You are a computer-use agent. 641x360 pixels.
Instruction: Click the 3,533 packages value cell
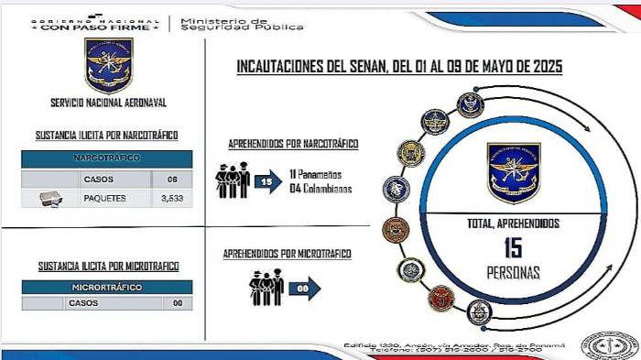[x=172, y=197]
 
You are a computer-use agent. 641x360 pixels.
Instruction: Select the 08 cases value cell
[x=172, y=179]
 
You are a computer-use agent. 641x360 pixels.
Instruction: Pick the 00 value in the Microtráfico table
[x=178, y=302]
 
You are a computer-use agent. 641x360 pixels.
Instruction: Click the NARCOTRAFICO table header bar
[x=107, y=158]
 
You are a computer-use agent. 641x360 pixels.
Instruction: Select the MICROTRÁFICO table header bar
[x=107, y=287]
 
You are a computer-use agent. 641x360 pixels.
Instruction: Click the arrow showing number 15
[x=268, y=181]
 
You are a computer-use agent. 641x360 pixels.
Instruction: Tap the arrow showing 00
[x=304, y=289]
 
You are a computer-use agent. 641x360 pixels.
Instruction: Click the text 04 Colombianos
[x=321, y=189]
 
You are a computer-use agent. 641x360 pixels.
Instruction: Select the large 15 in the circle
[x=512, y=247]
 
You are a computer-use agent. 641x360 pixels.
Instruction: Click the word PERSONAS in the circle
[x=513, y=272]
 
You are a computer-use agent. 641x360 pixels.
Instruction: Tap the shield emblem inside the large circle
[x=513, y=171]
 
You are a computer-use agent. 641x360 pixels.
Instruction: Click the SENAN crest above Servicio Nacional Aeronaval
[x=108, y=65]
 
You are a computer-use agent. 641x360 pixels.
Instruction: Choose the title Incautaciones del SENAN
[x=399, y=67]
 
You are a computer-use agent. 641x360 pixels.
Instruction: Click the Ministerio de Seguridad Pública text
[x=242, y=23]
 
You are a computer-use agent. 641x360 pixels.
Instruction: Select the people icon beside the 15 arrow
[x=233, y=179]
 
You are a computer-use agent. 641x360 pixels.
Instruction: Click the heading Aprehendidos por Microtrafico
[x=288, y=253]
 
